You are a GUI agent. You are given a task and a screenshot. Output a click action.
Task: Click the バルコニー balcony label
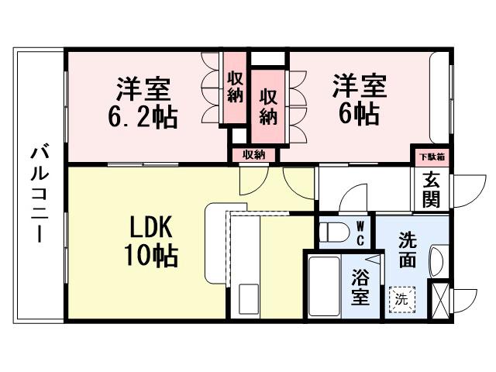36,191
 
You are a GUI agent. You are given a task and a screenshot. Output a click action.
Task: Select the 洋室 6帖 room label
357,99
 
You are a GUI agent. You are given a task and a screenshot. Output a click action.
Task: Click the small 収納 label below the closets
253,155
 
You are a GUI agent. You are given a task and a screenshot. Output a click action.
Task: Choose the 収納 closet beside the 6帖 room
268,106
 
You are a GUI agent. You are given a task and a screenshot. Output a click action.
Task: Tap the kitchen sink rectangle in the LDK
249,299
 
